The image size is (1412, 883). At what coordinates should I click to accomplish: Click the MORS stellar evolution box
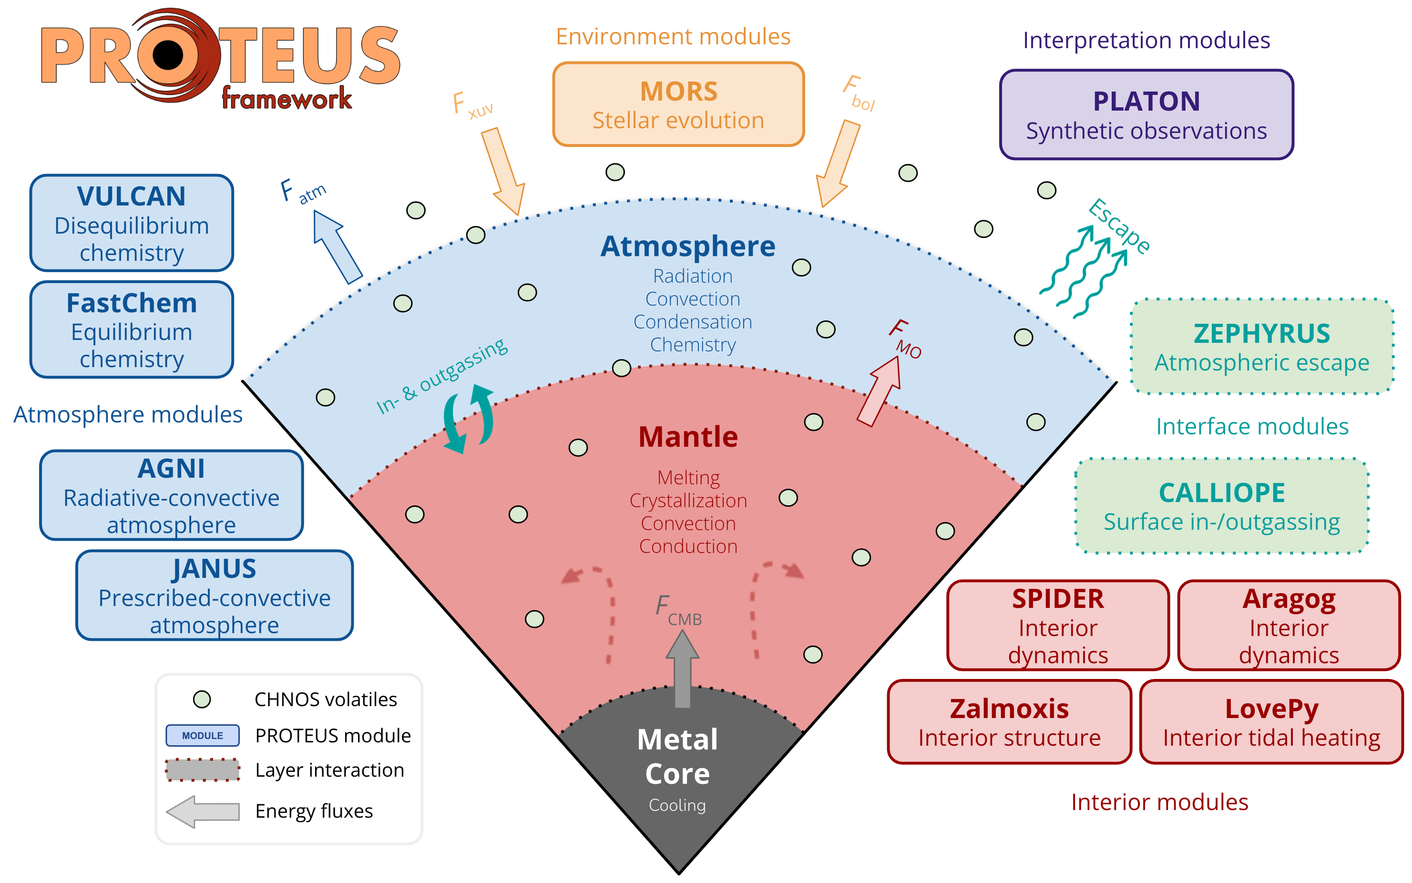pyautogui.click(x=678, y=104)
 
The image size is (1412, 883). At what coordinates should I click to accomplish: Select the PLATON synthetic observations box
pyautogui.click(x=1146, y=115)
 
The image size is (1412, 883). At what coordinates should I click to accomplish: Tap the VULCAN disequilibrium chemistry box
pyautogui.click(x=132, y=223)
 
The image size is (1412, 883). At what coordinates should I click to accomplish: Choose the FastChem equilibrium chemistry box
pyautogui.click(x=132, y=330)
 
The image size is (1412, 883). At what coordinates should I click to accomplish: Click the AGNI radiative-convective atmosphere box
pyautogui.click(x=171, y=495)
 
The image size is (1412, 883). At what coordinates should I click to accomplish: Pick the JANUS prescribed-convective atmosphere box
pyautogui.click(x=214, y=596)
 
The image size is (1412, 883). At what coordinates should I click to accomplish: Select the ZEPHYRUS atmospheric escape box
pyautogui.click(x=1261, y=347)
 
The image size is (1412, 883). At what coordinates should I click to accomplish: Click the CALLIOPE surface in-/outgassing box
pyautogui.click(x=1221, y=506)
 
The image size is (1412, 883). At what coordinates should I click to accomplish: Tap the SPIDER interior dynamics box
pyautogui.click(x=1058, y=626)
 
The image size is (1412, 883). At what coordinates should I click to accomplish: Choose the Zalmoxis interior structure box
pyautogui.click(x=1009, y=722)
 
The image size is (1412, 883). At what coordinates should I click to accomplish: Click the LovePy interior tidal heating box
pyautogui.click(x=1271, y=722)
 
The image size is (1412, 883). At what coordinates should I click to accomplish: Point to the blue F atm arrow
pyautogui.click(x=338, y=246)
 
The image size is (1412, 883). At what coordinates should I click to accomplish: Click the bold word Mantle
pyautogui.click(x=688, y=437)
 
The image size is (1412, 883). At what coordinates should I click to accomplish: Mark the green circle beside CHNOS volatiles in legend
pyautogui.click(x=202, y=699)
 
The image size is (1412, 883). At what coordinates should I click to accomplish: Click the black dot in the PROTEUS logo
pyautogui.click(x=168, y=55)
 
